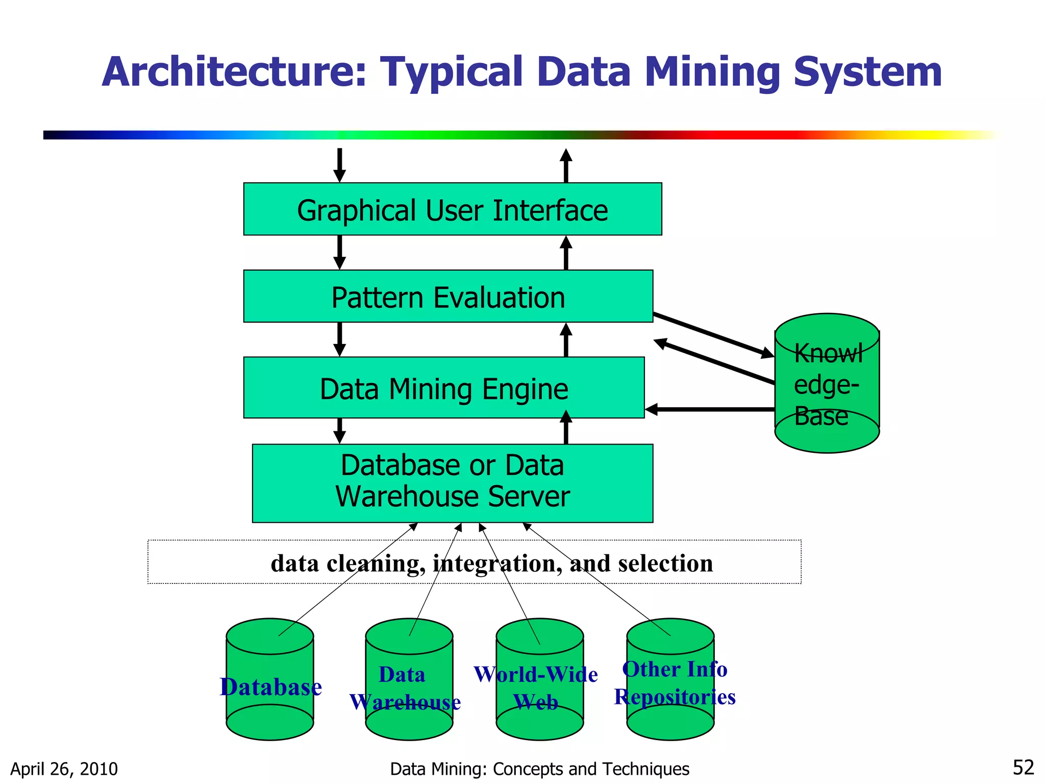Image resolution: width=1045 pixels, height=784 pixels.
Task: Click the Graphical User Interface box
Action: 452,209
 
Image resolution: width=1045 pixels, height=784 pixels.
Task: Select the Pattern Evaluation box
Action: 448,297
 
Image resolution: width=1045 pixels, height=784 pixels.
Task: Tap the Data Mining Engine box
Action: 443,388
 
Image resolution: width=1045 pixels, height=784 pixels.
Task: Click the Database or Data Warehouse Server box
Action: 452,483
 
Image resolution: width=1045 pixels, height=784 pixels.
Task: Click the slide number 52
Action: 1023,767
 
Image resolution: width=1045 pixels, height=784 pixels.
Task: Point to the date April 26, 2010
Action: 64,769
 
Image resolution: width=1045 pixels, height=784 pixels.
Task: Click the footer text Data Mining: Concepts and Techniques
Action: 539,769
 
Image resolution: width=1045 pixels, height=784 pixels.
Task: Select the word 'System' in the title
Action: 867,72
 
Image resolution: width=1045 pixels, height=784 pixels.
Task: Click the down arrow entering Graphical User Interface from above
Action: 339,165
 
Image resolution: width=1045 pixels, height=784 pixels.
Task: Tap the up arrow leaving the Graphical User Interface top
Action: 565,165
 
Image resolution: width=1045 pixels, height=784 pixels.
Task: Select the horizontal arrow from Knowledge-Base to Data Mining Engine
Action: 709,409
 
